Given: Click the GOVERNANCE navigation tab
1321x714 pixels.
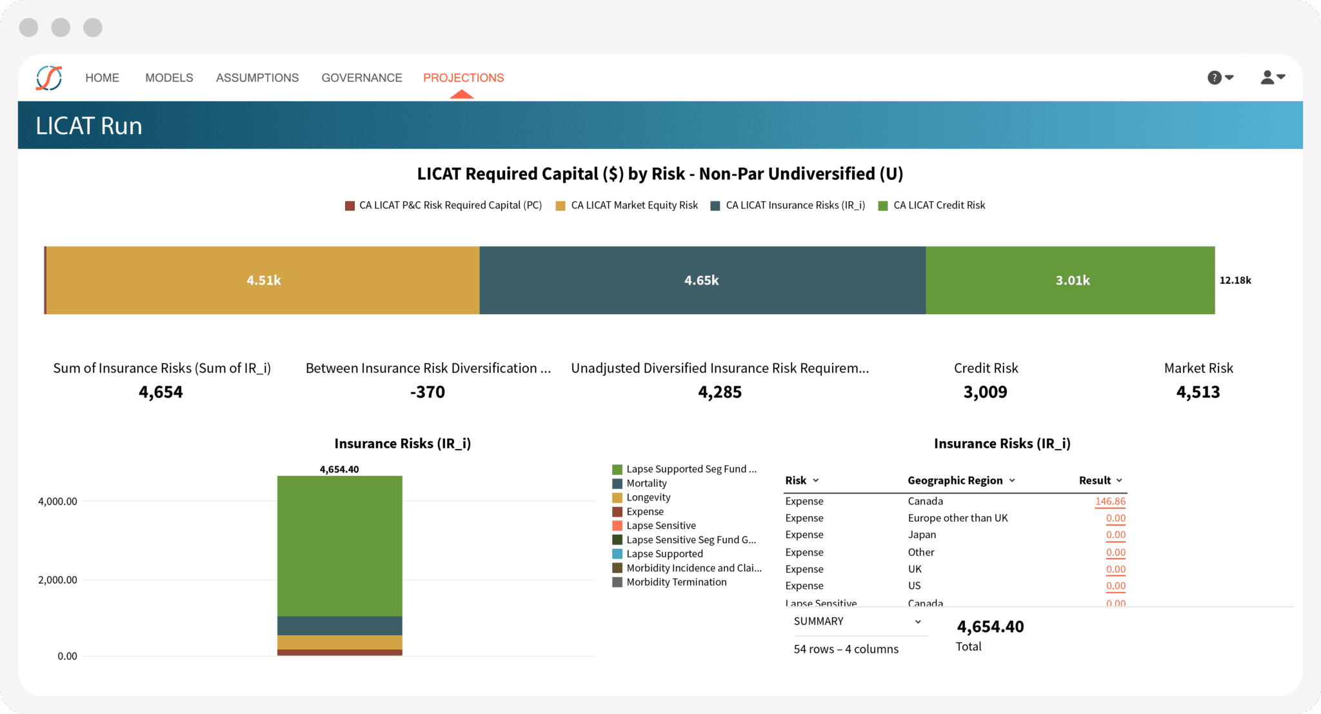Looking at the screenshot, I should [361, 78].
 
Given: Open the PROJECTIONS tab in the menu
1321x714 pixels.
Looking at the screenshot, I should [463, 78].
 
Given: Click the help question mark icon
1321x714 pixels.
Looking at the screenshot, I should [1215, 78].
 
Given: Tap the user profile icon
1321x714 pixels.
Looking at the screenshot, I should [1267, 77].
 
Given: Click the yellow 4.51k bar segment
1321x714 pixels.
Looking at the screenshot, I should [263, 281].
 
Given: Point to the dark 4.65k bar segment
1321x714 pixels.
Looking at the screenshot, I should [702, 281].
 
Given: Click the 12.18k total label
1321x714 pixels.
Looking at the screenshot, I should [1235, 281].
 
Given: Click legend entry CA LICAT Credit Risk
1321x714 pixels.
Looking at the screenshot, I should [939, 205].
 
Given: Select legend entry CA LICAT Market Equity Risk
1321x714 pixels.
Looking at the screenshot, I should [634, 205].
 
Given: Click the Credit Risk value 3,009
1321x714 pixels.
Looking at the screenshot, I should [985, 392].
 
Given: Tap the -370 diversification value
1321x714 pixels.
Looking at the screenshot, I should [428, 392].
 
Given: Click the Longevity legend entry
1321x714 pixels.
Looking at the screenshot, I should [648, 497].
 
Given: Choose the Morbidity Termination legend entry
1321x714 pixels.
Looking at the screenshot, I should [676, 582].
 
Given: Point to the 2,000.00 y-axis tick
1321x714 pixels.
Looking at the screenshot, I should [57, 580].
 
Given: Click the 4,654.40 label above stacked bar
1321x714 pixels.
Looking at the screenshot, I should [339, 470].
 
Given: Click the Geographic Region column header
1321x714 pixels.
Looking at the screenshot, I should [955, 481].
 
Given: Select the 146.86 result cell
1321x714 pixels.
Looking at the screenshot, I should [1109, 501].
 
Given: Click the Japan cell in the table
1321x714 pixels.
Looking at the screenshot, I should [922, 535].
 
